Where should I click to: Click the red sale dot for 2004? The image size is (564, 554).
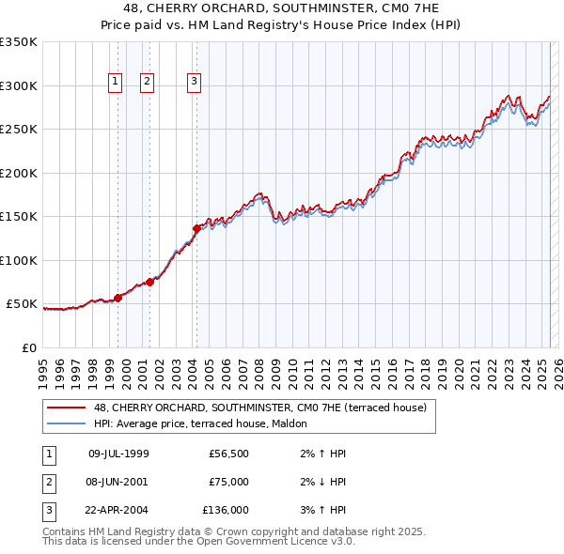(196, 228)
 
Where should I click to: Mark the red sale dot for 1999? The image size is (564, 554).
(118, 298)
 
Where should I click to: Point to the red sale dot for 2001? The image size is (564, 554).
(149, 282)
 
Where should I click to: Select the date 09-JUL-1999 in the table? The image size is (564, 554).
(118, 454)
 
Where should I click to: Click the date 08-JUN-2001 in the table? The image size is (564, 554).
(118, 482)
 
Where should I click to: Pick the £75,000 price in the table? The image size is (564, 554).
(228, 482)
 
